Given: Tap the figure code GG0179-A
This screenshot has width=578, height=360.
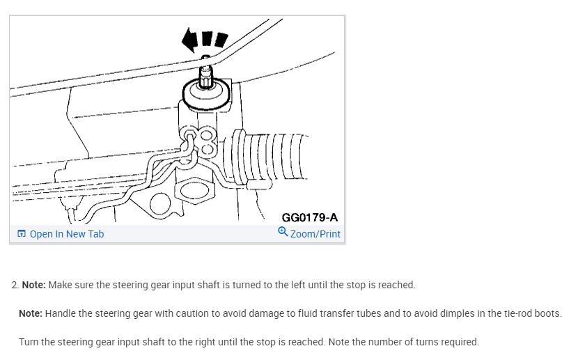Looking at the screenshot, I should click(x=310, y=218).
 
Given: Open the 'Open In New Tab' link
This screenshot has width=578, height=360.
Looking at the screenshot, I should click(x=66, y=234).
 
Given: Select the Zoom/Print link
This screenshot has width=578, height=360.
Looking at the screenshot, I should click(x=315, y=234).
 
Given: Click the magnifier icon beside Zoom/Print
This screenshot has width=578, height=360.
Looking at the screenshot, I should click(x=283, y=233).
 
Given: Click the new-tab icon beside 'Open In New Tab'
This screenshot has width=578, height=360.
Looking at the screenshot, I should click(x=22, y=234).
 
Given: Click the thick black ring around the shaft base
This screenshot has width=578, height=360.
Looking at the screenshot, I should click(x=205, y=94).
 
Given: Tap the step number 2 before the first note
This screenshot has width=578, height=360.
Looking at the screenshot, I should click(x=15, y=285).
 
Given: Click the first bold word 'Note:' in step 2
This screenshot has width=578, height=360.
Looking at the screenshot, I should click(x=33, y=285).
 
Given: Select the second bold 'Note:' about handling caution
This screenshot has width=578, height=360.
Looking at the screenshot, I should click(x=31, y=313).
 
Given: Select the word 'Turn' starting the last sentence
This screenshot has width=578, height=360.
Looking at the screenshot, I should click(x=29, y=342).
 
